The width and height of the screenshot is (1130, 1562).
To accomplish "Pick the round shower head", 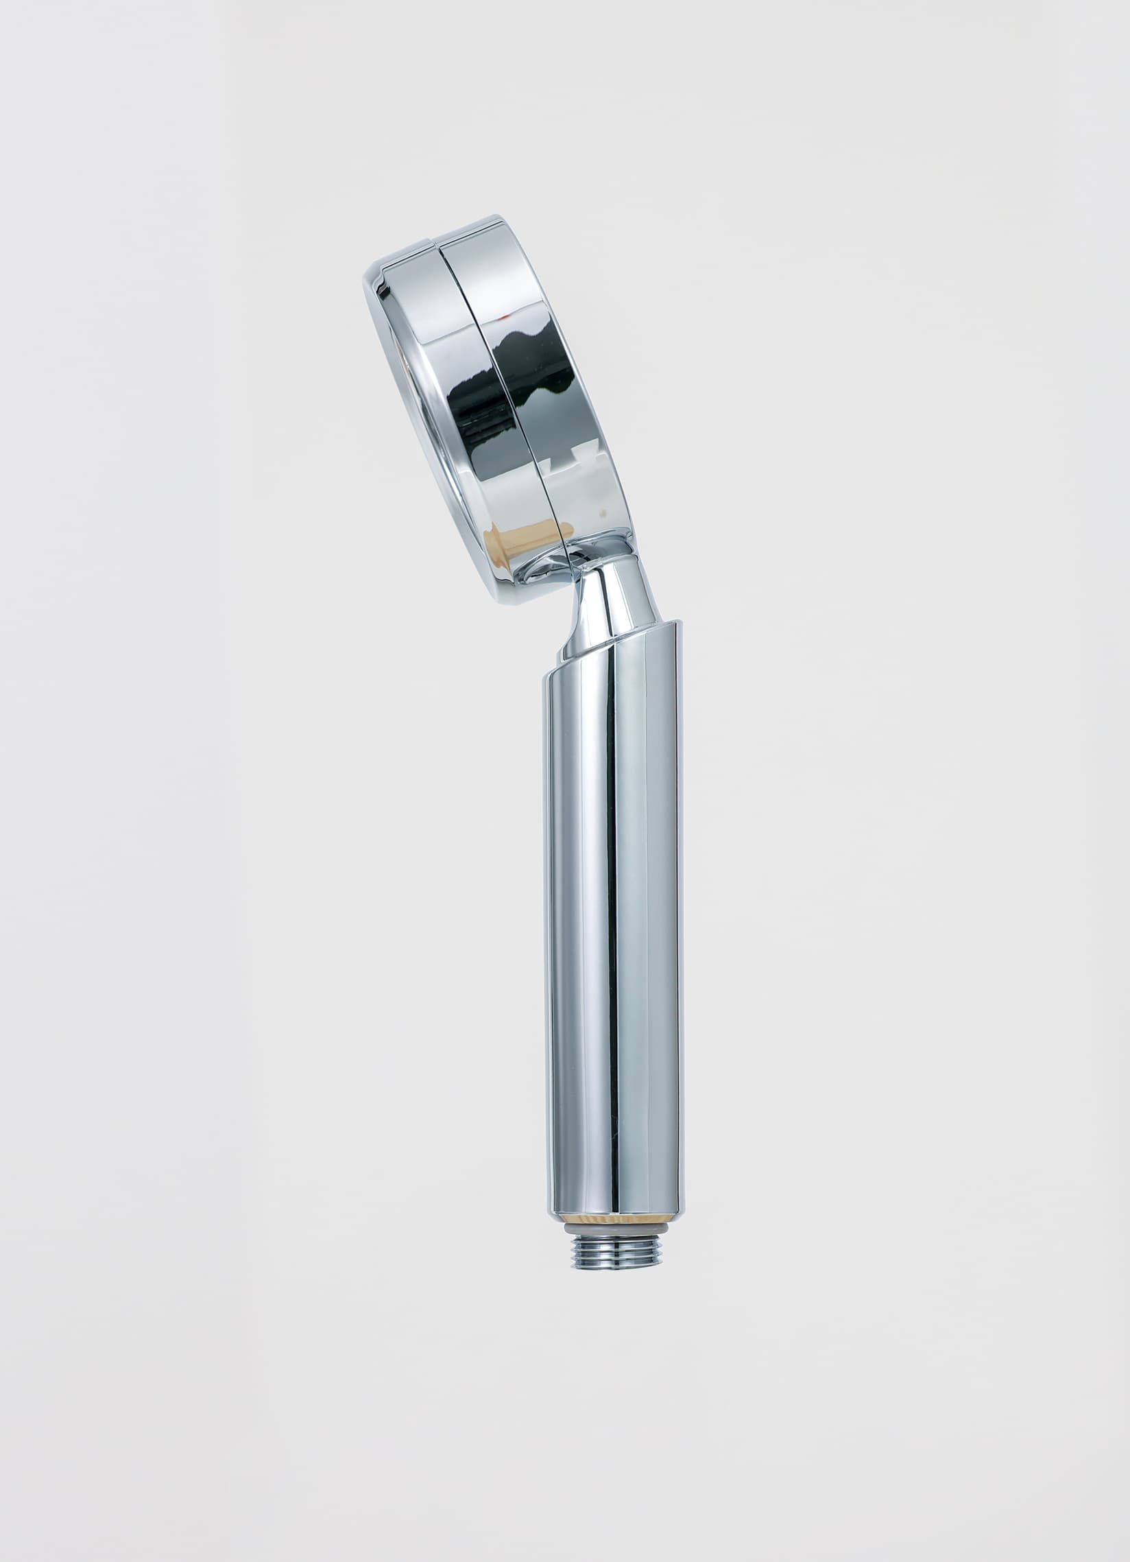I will click(x=496, y=413).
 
